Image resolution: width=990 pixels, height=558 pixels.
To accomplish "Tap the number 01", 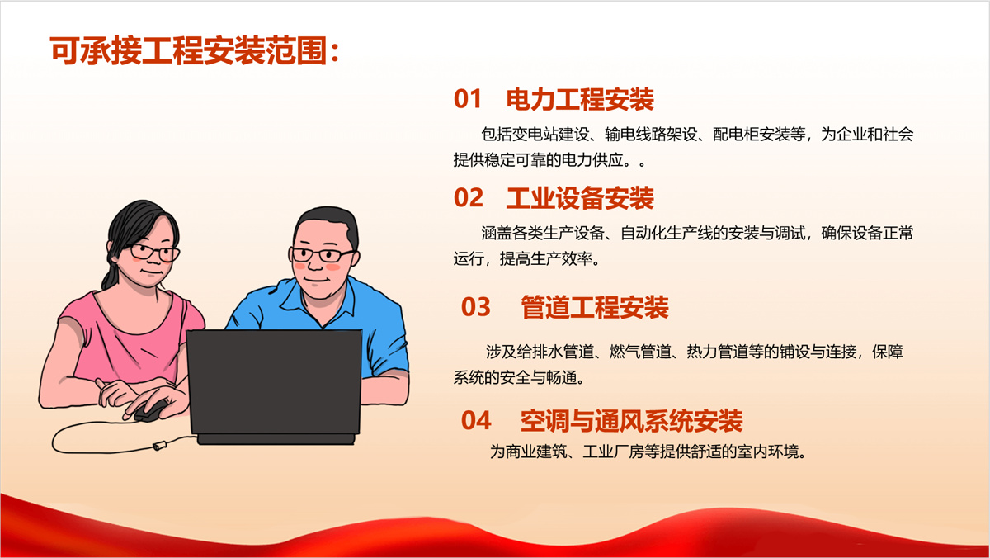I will (468, 100).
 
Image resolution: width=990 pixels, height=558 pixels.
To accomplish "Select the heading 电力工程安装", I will (580, 100).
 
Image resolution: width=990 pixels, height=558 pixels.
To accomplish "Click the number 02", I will (468, 198).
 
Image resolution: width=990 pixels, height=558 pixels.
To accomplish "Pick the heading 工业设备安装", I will (580, 198).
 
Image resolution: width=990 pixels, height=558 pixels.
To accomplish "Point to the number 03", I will (476, 307).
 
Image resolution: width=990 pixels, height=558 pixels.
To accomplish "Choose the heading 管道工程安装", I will (595, 307).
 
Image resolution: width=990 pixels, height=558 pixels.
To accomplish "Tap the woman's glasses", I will (154, 253).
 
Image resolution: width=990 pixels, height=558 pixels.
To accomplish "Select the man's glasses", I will (324, 254).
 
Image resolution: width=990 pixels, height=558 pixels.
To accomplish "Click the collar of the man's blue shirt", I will (288, 298).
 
